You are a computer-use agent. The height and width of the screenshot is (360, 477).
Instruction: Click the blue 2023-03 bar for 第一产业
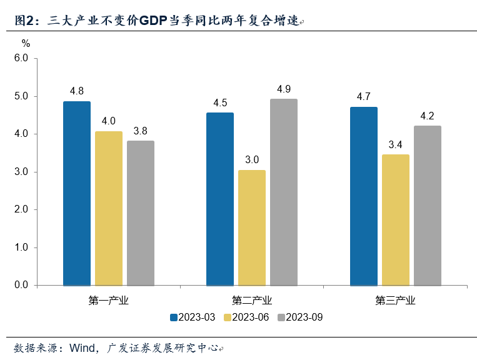[77, 193]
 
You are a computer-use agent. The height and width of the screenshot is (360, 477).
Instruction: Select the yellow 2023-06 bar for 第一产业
[109, 208]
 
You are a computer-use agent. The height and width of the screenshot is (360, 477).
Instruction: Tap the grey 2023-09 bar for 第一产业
[140, 213]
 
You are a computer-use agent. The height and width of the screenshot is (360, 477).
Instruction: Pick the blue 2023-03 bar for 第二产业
[220, 199]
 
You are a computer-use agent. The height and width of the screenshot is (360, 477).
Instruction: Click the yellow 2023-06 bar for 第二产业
[252, 227]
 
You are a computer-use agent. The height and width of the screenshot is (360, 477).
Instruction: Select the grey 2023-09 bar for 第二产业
[284, 192]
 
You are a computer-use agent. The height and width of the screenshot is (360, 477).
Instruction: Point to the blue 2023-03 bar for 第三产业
[363, 196]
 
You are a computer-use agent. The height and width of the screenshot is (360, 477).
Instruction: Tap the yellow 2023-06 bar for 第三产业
[395, 220]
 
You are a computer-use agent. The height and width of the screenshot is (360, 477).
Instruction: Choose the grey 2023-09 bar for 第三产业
[428, 206]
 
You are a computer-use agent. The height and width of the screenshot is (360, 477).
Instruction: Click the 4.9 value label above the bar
[284, 89]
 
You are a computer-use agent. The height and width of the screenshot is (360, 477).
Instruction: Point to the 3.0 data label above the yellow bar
[252, 159]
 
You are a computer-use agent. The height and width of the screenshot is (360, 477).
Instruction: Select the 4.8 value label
[77, 91]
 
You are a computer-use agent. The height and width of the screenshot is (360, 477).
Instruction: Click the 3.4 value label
[395, 144]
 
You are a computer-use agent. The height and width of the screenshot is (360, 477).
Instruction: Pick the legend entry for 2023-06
[247, 317]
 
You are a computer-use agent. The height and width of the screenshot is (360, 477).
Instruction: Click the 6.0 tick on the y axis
[22, 58]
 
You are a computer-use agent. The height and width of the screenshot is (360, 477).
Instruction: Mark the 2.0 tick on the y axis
[22, 209]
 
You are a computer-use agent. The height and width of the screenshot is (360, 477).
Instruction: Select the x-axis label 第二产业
[252, 301]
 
